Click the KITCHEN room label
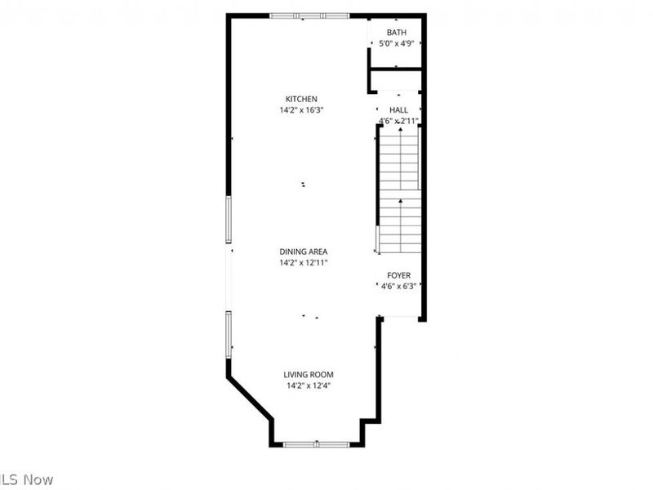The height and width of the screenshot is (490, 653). [301, 99]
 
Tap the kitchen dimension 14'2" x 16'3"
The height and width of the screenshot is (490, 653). [301, 110]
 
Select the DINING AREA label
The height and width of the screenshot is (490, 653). [304, 252]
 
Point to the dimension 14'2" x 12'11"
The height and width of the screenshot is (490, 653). [304, 263]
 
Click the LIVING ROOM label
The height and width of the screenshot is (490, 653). [309, 375]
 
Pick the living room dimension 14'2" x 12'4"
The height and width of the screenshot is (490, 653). [309, 385]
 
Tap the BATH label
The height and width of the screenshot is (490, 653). [397, 33]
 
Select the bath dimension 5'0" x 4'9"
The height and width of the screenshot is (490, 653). [397, 44]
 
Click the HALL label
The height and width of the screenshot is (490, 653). [398, 109]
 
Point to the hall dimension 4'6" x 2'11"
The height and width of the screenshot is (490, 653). [398, 121]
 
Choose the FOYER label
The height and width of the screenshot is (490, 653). [398, 275]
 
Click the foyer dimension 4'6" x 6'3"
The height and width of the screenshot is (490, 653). [398, 286]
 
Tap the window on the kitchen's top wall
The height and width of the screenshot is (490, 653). [310, 16]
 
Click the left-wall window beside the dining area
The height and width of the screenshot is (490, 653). [229, 220]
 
